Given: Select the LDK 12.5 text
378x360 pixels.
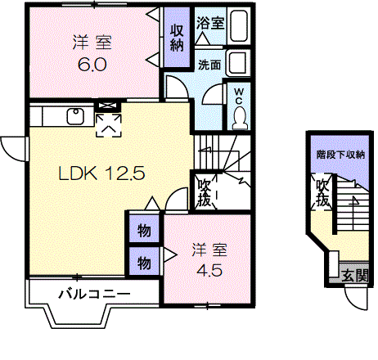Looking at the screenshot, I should point(101,173).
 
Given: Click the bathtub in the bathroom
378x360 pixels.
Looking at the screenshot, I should point(239,26).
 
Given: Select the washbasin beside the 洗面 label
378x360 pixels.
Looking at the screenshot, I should point(237,62).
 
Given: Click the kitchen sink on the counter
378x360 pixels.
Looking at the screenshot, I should point(74,115).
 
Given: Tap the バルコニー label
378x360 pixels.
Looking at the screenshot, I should point(94,293).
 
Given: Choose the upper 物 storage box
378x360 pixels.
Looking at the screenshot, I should point(144,232).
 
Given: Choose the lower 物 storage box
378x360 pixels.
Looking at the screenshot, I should point(144,262).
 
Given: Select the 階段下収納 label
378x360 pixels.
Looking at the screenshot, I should point(340,154).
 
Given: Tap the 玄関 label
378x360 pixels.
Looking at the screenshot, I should point(354,275).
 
